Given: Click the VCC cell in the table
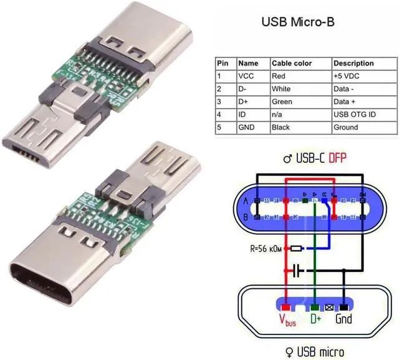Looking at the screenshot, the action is click(247, 75).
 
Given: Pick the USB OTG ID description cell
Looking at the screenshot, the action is click(355, 114).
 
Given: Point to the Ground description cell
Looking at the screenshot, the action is click(346, 127).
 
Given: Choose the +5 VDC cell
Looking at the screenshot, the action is click(347, 75).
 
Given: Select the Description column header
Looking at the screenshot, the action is click(353, 63).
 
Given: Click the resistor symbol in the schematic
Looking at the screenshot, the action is click(297, 248).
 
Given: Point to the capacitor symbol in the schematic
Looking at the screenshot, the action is click(297, 271).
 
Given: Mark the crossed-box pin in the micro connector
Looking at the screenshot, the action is click(329, 308).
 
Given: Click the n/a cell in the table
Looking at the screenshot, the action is click(278, 114).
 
